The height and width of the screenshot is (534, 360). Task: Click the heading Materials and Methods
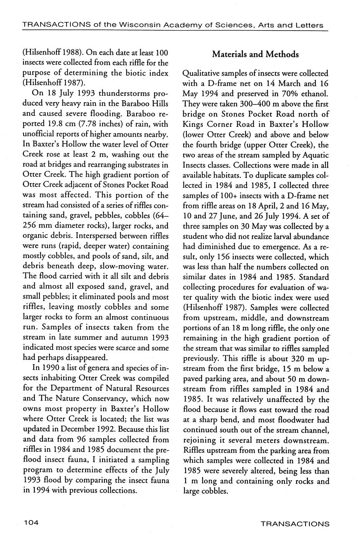point(255,54)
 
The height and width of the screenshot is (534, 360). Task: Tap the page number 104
point(31,523)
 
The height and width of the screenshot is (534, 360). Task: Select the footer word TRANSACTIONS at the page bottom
point(295,524)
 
